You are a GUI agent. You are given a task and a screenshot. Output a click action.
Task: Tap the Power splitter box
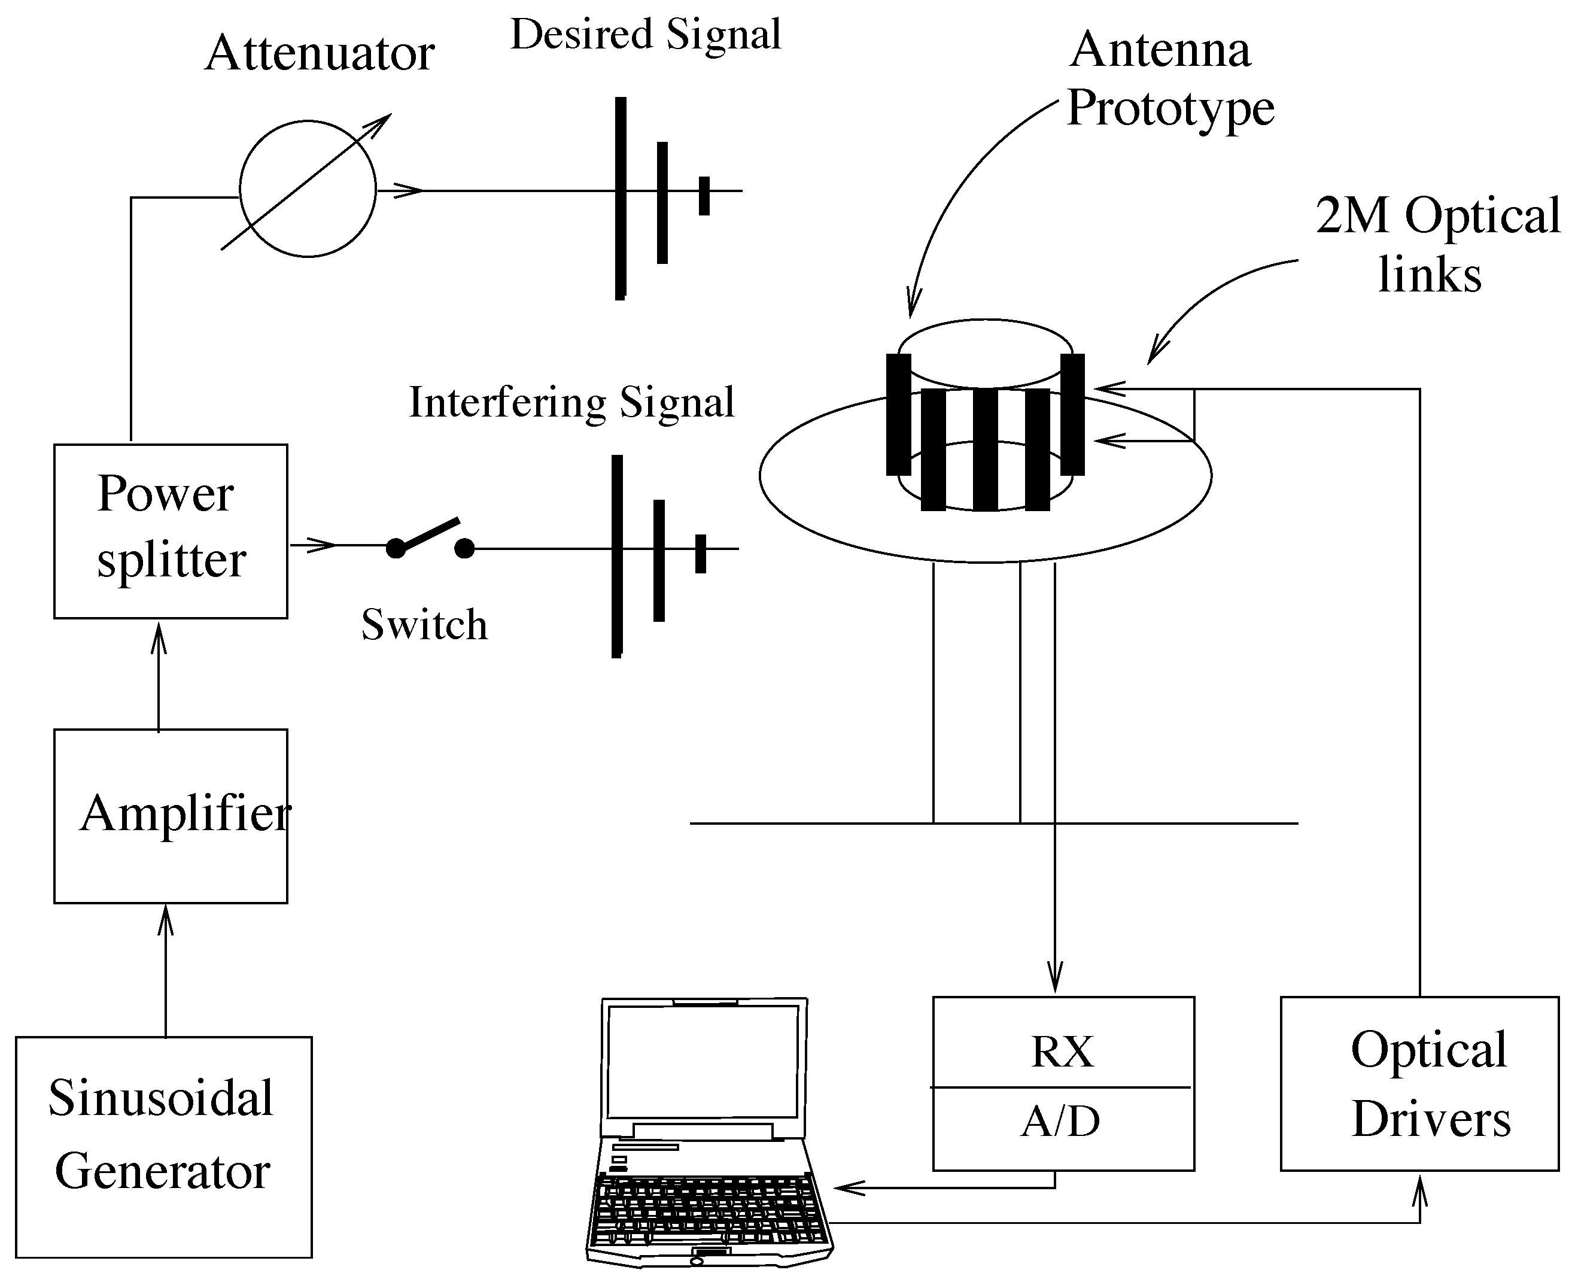[x=170, y=530]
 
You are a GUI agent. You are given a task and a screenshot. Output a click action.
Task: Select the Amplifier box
[x=170, y=816]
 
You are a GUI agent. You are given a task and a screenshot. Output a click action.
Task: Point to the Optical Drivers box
[x=1419, y=1083]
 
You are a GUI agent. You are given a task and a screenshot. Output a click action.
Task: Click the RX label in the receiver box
[x=1062, y=1052]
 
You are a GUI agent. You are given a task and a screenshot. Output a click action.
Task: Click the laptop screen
[x=702, y=1062]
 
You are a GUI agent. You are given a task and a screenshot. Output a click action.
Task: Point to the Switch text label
[x=424, y=625]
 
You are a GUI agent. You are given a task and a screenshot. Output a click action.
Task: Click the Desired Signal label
[x=645, y=35]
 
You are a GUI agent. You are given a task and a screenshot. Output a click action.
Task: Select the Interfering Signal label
[x=571, y=402]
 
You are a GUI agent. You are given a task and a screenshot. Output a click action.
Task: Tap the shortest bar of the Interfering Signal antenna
[x=701, y=553]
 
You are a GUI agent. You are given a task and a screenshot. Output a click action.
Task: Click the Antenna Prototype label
[x=1170, y=79]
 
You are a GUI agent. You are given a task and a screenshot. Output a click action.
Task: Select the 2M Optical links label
[x=1437, y=245]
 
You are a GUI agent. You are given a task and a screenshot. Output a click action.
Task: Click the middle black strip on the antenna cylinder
[x=985, y=449]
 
